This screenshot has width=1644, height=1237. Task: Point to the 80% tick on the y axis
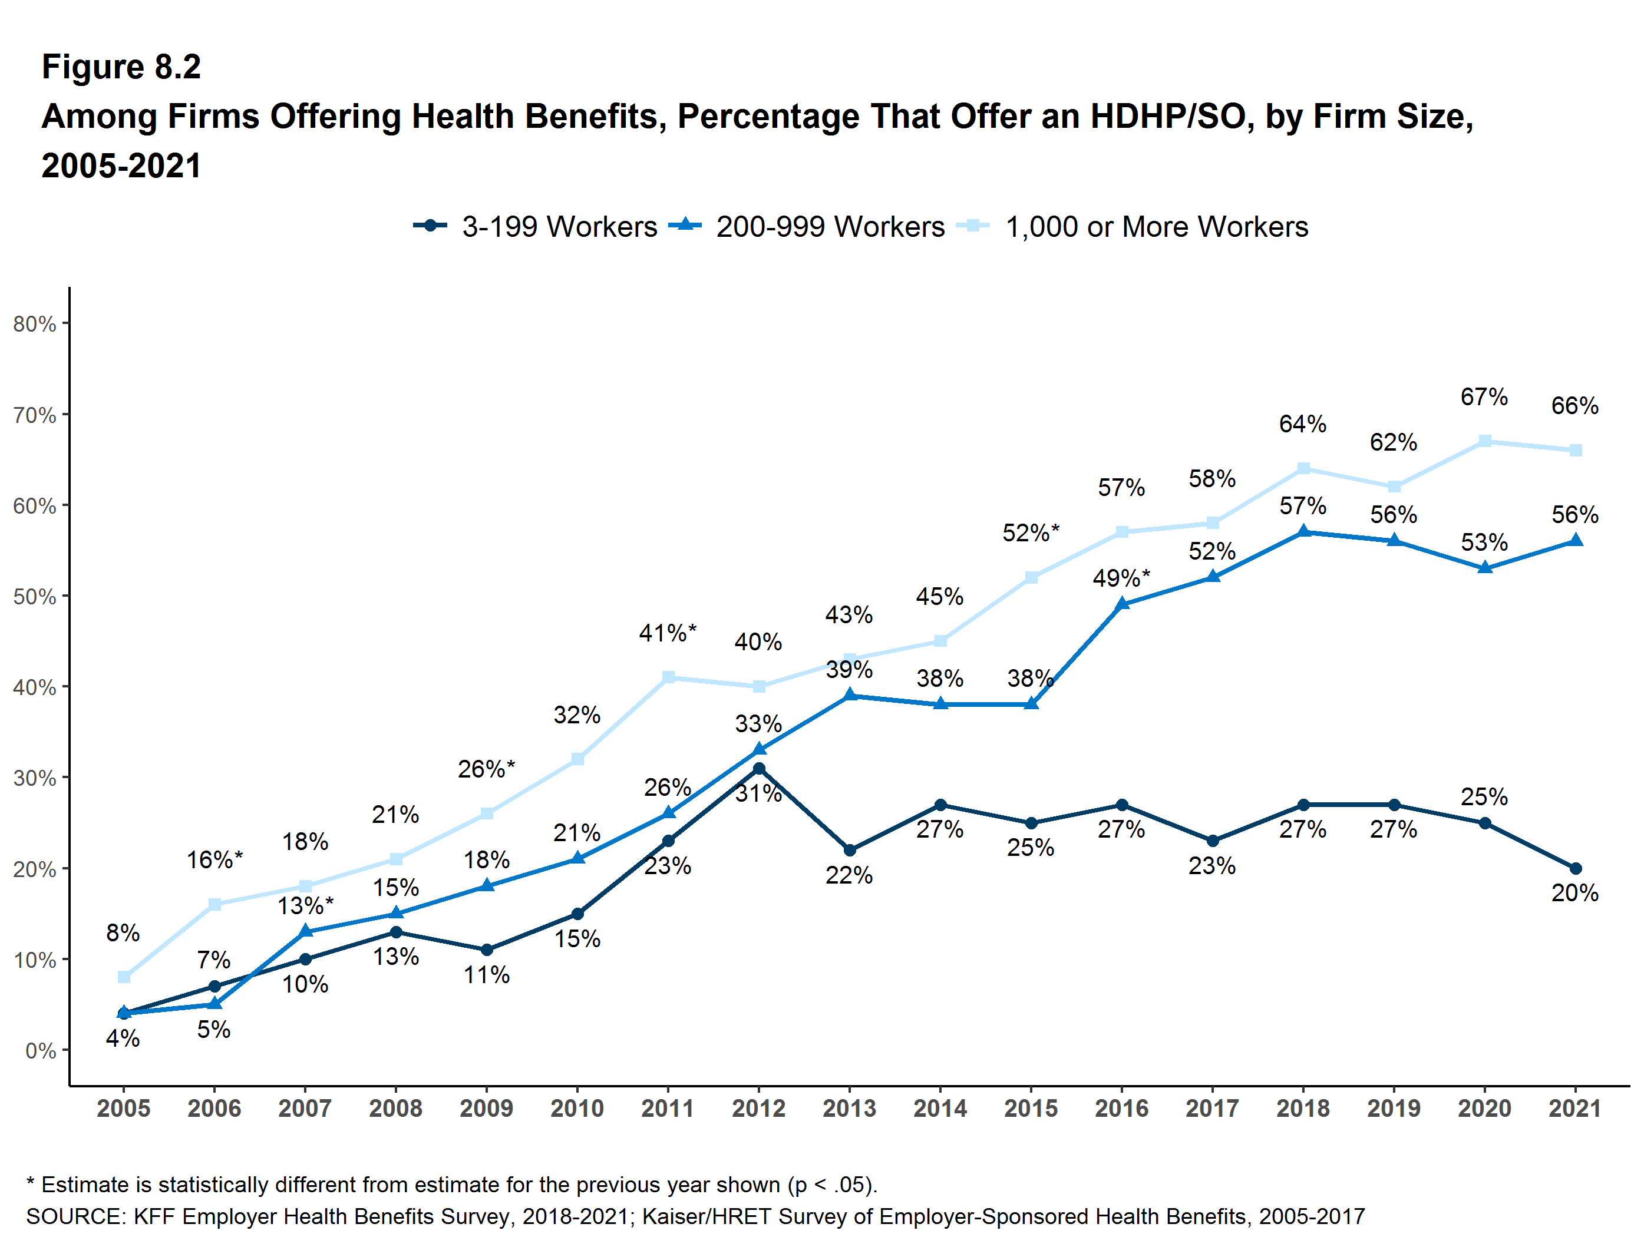tap(35, 324)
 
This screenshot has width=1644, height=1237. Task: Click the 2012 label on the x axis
tap(758, 1109)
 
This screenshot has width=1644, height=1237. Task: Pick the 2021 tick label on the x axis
tap(1574, 1109)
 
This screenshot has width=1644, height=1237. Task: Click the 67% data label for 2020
tap(1484, 397)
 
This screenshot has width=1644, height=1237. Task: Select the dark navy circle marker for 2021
tap(1575, 868)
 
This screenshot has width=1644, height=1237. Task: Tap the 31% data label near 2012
tap(758, 793)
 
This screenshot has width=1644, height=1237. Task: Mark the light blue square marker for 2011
tap(668, 677)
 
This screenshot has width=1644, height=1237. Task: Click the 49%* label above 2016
tap(1121, 577)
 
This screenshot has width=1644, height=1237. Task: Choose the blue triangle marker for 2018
tap(1303, 532)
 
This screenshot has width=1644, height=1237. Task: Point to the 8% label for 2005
tap(123, 932)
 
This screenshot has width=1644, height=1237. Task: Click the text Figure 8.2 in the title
tap(121, 67)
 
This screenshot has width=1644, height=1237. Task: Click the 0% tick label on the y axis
tap(41, 1050)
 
